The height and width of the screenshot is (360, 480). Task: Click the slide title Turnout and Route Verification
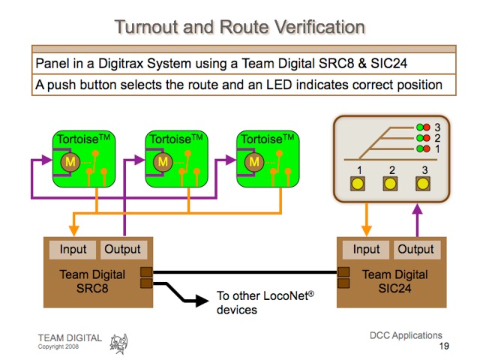239,27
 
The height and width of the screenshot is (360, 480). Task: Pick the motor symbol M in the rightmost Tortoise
256,162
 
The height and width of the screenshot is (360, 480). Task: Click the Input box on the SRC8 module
73,250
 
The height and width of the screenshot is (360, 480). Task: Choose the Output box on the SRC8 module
122,250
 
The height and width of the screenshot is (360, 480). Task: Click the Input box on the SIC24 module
366,250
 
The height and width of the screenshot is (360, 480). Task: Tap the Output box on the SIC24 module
415,250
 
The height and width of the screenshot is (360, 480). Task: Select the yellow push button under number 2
391,184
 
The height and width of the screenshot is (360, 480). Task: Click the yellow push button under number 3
424,184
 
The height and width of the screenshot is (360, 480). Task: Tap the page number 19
444,346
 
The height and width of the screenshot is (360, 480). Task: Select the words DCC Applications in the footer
406,335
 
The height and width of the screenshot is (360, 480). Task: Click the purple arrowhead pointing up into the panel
415,211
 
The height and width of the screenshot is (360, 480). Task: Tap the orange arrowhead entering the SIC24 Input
366,231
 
